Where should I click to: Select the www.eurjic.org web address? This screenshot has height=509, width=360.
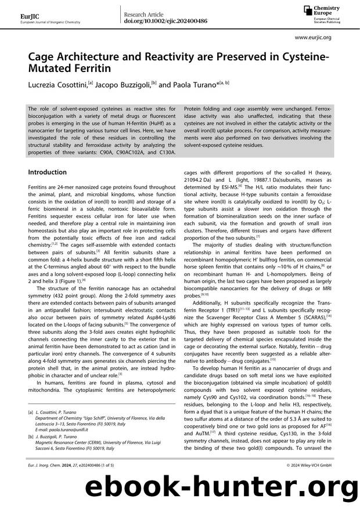coord(313,37)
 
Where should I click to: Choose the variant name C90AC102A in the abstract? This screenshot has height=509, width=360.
coord(124,151)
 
